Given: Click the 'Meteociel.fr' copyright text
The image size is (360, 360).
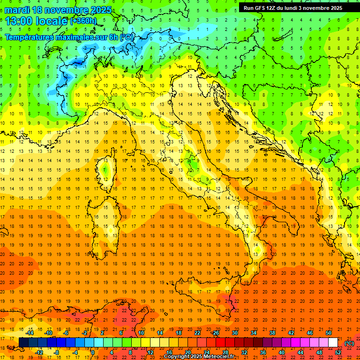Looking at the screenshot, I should click(x=219, y=357).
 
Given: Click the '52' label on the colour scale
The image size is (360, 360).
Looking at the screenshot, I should click(x=338, y=352).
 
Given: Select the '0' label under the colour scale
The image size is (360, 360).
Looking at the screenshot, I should click(x=93, y=352).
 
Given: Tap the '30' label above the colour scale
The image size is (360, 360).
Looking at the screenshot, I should click(x=234, y=333).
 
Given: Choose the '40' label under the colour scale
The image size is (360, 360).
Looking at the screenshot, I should click(x=281, y=352).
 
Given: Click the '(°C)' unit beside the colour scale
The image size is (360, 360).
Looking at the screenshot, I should click(x=349, y=343).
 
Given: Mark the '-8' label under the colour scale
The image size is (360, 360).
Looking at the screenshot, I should click(x=56, y=352).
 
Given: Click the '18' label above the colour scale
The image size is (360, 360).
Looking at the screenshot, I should click(x=178, y=333).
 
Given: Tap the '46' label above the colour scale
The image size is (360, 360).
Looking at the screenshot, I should click(x=310, y=333).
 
